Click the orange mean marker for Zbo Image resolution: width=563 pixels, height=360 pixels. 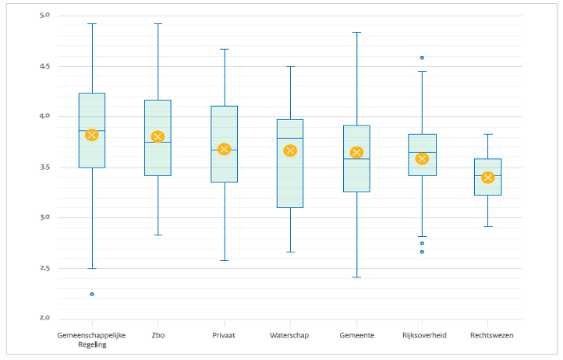(x=158, y=137)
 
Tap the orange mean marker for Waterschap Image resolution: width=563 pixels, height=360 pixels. (x=290, y=150)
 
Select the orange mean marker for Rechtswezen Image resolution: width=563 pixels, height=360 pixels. (x=487, y=178)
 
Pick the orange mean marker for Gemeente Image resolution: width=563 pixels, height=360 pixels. (x=356, y=153)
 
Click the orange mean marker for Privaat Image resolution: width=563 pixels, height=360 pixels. (x=224, y=149)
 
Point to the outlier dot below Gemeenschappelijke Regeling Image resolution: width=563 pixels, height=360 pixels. (x=92, y=294)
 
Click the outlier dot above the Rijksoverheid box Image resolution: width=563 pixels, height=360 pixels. (x=422, y=58)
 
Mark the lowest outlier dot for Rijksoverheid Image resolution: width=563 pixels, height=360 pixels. (x=422, y=252)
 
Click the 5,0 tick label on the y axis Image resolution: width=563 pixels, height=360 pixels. (x=44, y=16)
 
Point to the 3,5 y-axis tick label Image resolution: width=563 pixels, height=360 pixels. (x=44, y=168)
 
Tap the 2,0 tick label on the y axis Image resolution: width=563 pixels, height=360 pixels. (x=44, y=319)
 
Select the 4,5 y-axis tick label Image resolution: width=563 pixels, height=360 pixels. (x=44, y=66)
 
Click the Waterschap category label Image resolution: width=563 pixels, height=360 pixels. (x=290, y=335)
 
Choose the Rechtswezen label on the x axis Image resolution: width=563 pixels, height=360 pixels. (x=491, y=335)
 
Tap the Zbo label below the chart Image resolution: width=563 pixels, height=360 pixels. (x=158, y=335)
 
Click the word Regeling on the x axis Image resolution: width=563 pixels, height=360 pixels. (x=91, y=344)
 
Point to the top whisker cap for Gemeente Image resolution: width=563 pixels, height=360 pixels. (x=356, y=33)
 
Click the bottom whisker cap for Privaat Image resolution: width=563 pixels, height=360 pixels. (x=224, y=260)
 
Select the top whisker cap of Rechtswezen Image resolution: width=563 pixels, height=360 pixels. (x=487, y=134)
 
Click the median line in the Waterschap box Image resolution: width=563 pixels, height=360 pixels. (x=290, y=138)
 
